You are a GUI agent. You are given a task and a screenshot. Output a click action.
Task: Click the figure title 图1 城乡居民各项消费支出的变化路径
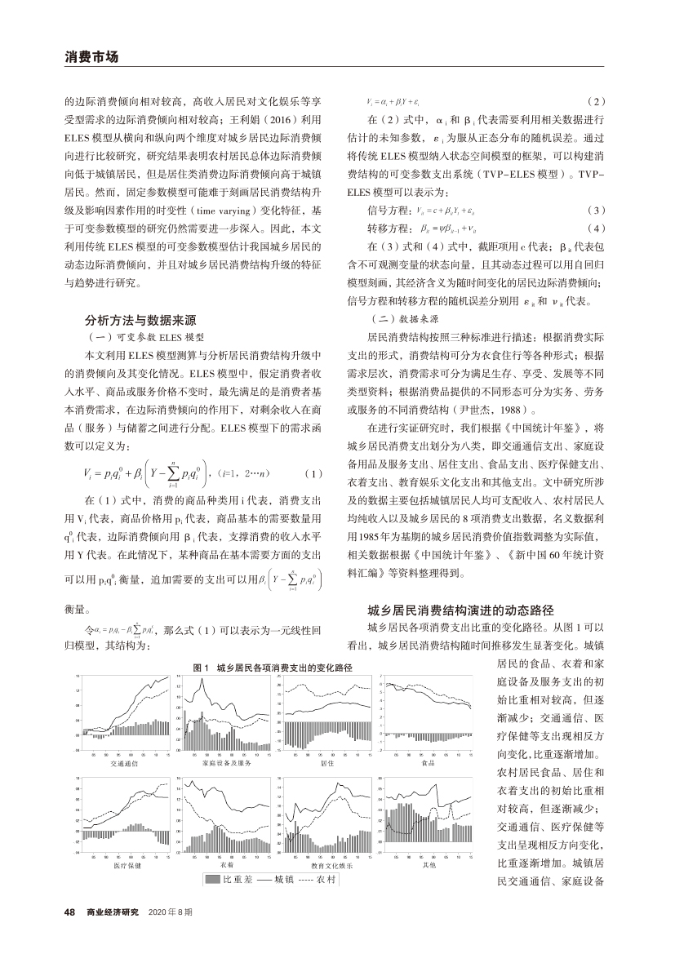tap(273, 667)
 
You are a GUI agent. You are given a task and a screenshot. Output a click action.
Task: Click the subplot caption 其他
tap(430, 864)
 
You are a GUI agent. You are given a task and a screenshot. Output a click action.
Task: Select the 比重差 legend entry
tap(226, 880)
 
